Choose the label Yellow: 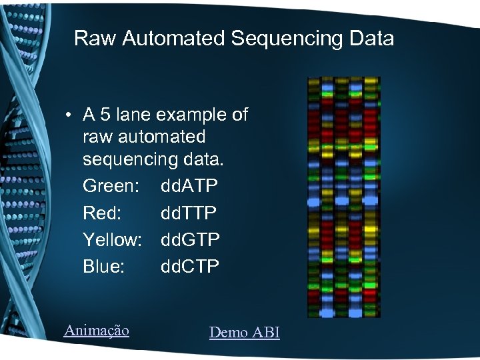(112, 239)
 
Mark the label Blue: (103, 266)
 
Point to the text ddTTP (189, 213)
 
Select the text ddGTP (190, 239)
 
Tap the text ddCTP (189, 266)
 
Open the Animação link (96, 330)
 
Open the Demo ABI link (244, 332)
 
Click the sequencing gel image (343, 197)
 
